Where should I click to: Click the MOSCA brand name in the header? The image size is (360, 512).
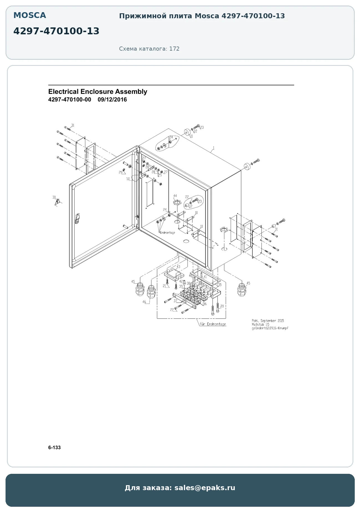click(x=30, y=15)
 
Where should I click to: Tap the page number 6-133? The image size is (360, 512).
click(x=54, y=448)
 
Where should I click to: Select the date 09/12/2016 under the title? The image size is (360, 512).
click(x=112, y=100)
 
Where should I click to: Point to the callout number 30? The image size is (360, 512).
click(x=54, y=197)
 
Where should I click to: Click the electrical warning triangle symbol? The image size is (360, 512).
click(x=57, y=203)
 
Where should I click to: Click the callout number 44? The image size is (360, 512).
click(x=175, y=196)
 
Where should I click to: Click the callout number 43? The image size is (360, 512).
click(x=178, y=267)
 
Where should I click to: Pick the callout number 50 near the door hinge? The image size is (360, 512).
click(x=128, y=179)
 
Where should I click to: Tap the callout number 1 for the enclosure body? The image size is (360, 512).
click(x=213, y=148)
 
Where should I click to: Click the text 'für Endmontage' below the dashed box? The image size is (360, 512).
click(x=213, y=324)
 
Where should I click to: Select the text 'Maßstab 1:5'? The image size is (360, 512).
click(x=260, y=324)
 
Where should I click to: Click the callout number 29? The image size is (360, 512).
click(x=120, y=172)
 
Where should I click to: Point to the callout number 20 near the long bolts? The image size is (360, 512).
click(x=222, y=306)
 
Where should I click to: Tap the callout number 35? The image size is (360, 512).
click(x=220, y=285)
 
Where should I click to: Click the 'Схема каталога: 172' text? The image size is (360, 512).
click(x=149, y=49)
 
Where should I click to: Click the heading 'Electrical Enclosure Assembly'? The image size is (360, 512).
click(x=98, y=92)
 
